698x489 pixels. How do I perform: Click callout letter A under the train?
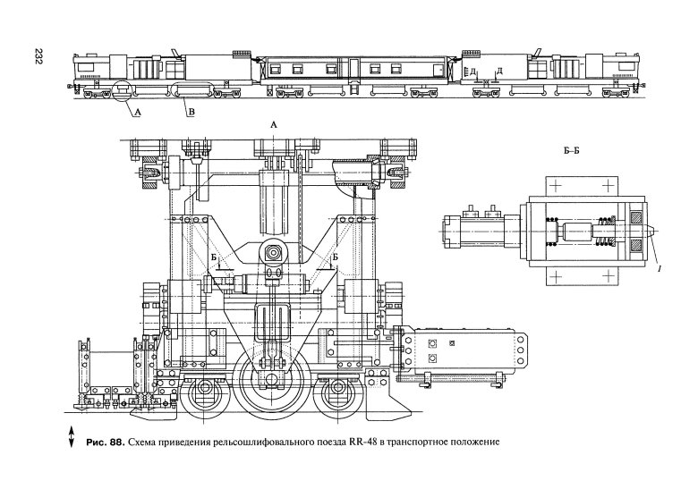coord(136,112)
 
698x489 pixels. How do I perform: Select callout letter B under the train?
coord(190,112)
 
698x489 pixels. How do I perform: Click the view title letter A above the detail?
coord(274,128)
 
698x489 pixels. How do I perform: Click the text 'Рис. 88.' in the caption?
coord(104,443)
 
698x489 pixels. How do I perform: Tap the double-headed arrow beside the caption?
coord(71,440)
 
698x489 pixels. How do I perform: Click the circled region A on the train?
coord(119,90)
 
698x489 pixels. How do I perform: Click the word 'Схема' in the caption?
coord(144,443)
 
